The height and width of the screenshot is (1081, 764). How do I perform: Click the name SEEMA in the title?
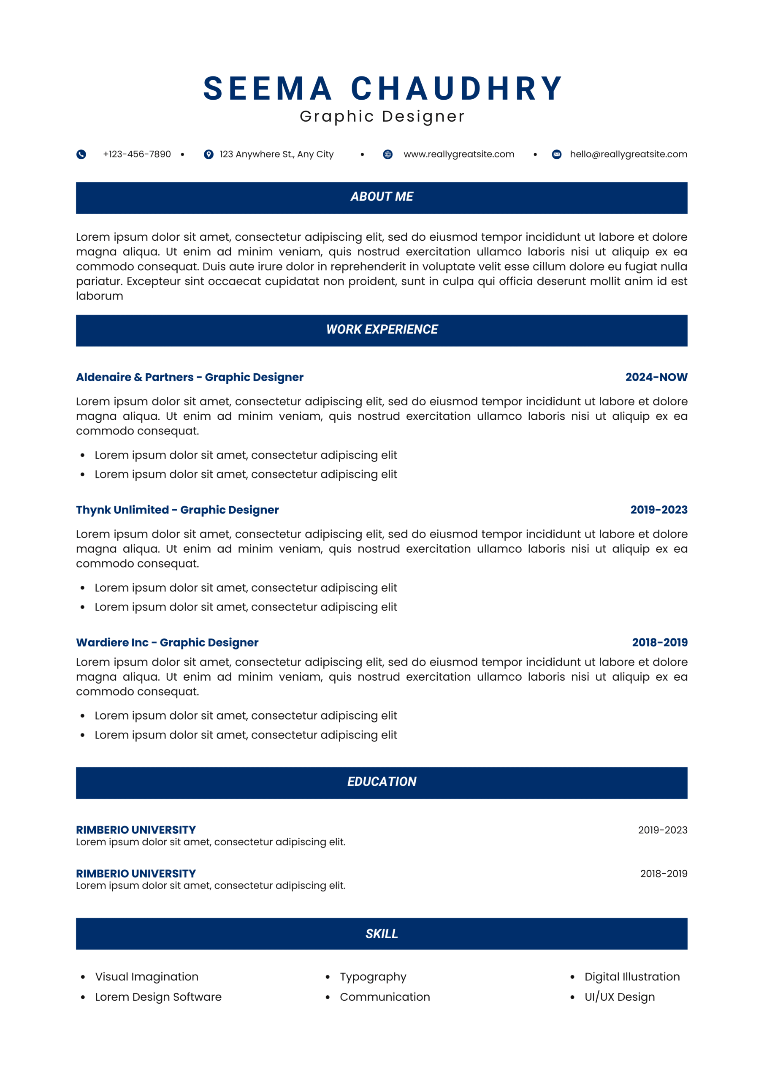pyautogui.click(x=267, y=89)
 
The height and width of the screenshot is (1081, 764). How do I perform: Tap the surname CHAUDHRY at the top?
pyautogui.click(x=457, y=89)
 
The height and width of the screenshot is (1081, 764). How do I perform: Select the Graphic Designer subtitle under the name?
pyautogui.click(x=382, y=116)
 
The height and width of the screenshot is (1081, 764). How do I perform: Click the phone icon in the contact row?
pyautogui.click(x=81, y=155)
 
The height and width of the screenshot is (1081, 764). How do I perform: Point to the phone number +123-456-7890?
pyautogui.click(x=137, y=155)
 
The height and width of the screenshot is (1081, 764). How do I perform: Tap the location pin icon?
pyautogui.click(x=209, y=155)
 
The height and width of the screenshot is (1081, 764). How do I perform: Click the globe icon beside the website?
pyautogui.click(x=387, y=155)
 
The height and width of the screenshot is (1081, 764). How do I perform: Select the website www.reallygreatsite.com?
pyautogui.click(x=459, y=155)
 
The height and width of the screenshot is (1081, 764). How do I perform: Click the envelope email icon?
pyautogui.click(x=556, y=155)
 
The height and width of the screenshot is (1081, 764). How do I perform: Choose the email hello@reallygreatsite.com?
pyautogui.click(x=629, y=155)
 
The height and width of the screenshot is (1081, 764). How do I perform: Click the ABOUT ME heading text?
pyautogui.click(x=382, y=197)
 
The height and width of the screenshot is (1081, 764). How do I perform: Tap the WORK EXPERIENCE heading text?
pyautogui.click(x=382, y=329)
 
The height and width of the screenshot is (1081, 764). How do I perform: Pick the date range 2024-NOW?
pyautogui.click(x=656, y=377)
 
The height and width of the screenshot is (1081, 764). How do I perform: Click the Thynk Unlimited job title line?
pyautogui.click(x=177, y=510)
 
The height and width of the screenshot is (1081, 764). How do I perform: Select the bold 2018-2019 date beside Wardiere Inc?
pyautogui.click(x=659, y=642)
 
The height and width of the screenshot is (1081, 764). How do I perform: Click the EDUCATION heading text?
pyautogui.click(x=382, y=782)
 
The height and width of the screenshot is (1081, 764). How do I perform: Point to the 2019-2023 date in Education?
pyautogui.click(x=662, y=830)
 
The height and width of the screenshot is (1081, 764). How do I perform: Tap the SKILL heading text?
pyautogui.click(x=382, y=934)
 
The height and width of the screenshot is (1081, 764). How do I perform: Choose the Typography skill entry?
pyautogui.click(x=373, y=977)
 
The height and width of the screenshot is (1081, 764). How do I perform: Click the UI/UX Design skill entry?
pyautogui.click(x=620, y=997)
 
